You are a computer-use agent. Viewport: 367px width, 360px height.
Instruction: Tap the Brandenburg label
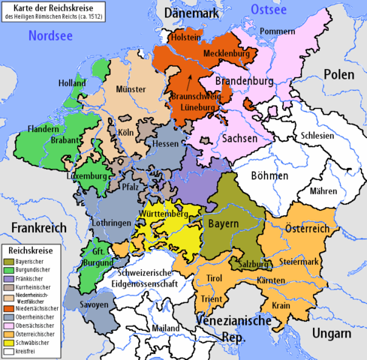coord(245,80)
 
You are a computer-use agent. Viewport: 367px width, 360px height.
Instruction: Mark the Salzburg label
coord(256,265)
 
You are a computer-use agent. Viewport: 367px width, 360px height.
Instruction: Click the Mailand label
coord(166,327)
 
